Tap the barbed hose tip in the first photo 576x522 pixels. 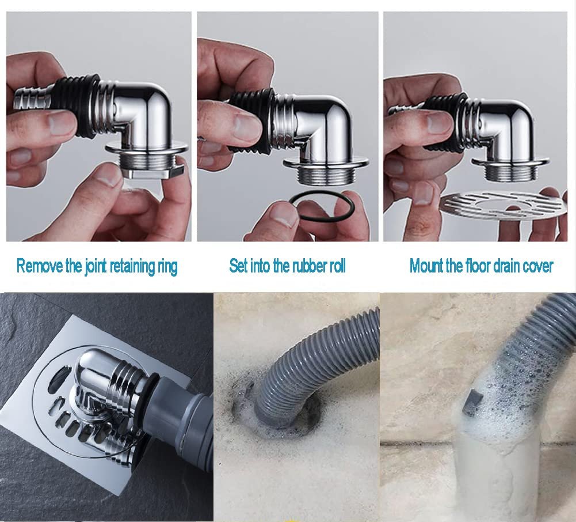(33, 97)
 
